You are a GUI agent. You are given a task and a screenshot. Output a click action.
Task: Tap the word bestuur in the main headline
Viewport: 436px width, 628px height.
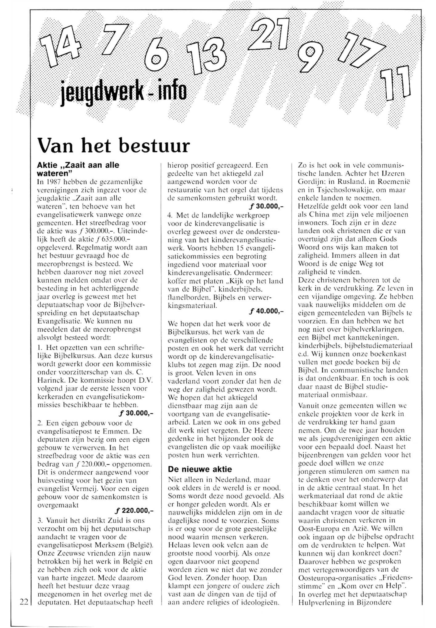pos(154,146)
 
